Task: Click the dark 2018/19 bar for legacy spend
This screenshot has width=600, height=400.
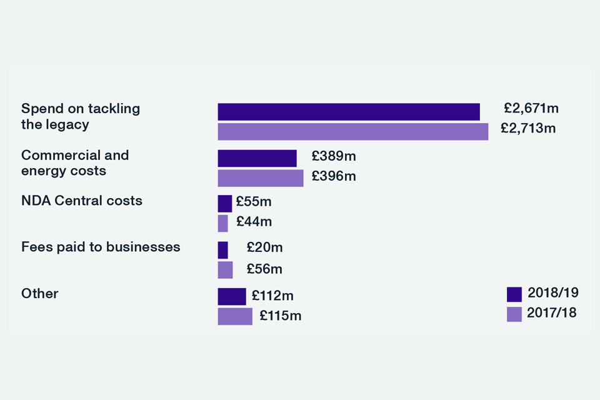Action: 348,112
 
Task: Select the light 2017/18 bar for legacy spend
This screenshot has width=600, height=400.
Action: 352,132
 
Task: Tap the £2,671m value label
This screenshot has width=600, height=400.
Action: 531,108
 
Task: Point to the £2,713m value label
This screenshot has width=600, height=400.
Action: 528,129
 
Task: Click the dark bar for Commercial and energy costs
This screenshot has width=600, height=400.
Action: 257,158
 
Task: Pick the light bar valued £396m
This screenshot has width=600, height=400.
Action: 260,178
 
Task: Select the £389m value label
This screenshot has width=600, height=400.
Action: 333,156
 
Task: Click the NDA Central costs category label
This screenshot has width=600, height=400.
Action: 82,201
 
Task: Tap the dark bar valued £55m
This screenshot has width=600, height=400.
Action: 224,204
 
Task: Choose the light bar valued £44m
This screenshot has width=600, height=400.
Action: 222,223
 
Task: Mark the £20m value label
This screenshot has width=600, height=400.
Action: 264,247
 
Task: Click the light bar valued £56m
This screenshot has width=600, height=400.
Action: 225,270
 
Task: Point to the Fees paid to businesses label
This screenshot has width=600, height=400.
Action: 101,247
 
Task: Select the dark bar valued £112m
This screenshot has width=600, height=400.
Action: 231,296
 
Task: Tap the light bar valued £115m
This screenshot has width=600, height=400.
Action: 235,316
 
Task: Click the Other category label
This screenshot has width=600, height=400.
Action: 39,293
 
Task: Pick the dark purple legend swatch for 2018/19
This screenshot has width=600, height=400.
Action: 514,294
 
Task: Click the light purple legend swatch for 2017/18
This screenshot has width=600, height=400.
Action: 514,314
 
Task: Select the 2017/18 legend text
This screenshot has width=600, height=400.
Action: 552,312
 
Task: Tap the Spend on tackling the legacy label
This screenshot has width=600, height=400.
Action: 81,116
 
